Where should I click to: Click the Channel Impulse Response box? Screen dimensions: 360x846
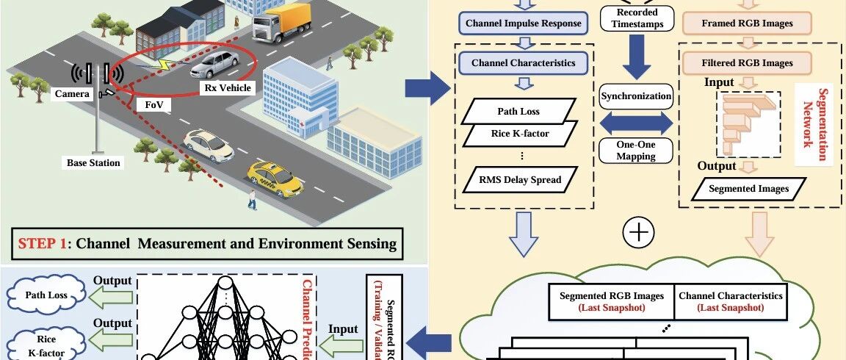click(523, 23)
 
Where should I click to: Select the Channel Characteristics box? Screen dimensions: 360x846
click(523, 62)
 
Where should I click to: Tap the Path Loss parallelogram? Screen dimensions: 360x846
click(520, 112)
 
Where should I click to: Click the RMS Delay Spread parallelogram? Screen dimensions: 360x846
click(520, 179)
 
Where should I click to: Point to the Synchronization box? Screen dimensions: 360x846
click(636, 96)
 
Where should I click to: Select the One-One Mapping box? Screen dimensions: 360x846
click(636, 150)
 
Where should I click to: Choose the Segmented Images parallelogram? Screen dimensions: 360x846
click(748, 189)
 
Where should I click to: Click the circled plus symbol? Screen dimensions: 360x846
click(637, 233)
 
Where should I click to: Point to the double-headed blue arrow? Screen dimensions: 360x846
click(636, 123)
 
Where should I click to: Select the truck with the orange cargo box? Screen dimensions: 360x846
click(282, 21)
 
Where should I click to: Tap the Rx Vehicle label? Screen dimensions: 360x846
click(227, 88)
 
